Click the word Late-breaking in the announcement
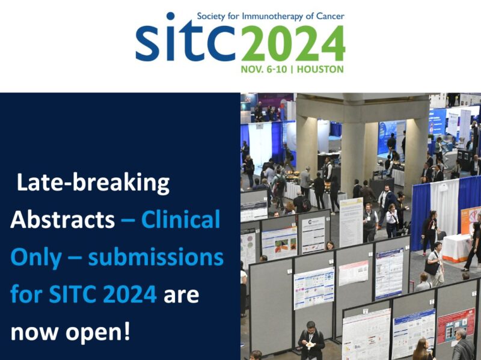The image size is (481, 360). pos(93,182)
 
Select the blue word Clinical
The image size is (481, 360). pos(180,220)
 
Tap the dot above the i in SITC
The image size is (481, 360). pos(171,17)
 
